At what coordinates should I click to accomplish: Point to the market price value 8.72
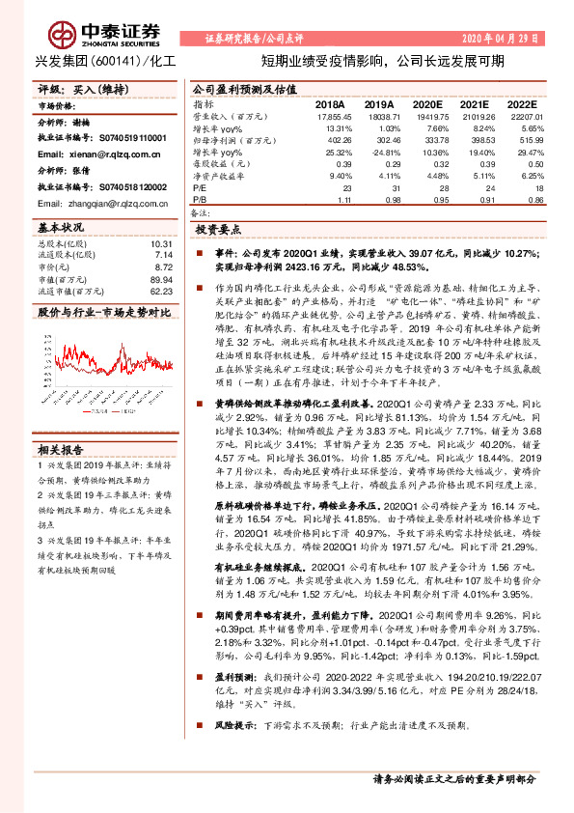tap(163, 266)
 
